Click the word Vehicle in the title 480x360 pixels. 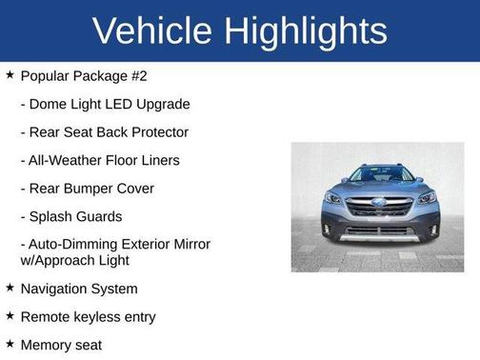point(153,30)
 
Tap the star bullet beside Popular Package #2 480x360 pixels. point(10,74)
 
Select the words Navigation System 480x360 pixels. point(79,289)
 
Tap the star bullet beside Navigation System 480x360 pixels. point(10,288)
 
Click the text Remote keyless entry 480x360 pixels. point(88,316)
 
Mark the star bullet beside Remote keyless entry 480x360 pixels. point(10,315)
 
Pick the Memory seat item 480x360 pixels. point(61,345)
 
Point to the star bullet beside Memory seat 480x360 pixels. point(10,344)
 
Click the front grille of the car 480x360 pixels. point(379,208)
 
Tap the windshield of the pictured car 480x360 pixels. point(379,175)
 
